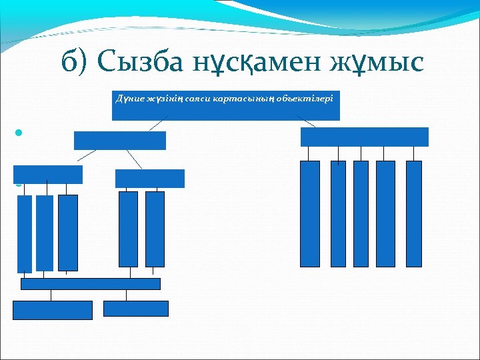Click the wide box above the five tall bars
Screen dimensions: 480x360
point(364,137)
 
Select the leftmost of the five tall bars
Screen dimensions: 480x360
point(310,213)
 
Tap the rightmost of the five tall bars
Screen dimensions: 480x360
point(413,213)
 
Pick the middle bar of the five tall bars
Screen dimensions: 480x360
point(361,213)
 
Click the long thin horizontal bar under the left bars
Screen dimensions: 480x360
point(91,284)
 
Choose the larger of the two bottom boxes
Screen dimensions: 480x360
point(53,310)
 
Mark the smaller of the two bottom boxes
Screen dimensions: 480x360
point(136,308)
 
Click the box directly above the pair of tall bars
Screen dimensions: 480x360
point(149,179)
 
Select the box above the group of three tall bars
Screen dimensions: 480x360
point(48,175)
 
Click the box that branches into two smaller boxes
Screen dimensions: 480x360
point(120,140)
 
